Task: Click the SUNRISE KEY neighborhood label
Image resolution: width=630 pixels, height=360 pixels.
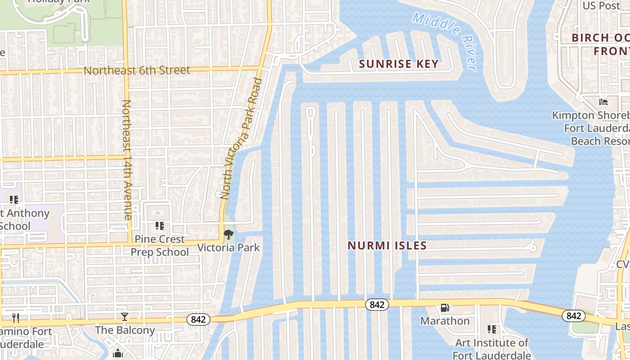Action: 399,64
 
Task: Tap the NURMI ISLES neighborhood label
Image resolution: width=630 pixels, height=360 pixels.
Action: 387,246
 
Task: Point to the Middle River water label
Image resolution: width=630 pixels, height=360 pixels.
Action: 444,41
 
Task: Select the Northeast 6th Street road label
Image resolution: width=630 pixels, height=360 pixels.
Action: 137,71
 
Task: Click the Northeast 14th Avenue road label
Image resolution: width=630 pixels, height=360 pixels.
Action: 126,160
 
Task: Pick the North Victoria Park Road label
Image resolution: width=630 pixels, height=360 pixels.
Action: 242,139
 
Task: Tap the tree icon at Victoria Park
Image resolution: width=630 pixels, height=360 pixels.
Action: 229,234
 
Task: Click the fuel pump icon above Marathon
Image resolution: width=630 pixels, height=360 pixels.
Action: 445,308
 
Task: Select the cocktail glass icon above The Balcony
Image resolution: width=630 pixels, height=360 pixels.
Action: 125,317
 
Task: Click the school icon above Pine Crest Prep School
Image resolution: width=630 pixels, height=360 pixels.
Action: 159,225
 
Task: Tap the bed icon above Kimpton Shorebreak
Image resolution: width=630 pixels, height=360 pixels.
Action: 603,102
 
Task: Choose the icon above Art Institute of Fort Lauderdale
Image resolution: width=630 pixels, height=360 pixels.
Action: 492,329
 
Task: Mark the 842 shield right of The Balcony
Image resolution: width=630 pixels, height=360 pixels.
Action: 198,319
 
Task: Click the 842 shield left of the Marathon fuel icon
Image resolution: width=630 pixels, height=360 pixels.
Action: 377,305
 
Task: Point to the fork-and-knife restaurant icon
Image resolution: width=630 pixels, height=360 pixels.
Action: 16,318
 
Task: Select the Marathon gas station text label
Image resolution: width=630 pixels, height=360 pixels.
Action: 445,321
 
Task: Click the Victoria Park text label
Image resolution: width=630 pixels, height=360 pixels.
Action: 229,247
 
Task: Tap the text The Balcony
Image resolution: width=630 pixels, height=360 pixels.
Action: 125,330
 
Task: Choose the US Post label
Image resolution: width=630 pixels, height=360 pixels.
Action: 601,6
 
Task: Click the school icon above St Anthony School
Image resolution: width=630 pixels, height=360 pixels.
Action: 14,199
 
